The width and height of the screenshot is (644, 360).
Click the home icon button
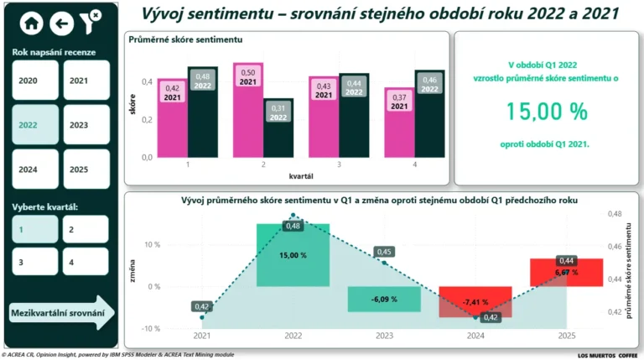32,23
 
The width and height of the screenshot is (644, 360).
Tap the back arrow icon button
61,23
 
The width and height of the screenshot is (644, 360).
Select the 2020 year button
35,81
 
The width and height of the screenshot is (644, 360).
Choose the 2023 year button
86,125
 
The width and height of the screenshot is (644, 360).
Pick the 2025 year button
86,169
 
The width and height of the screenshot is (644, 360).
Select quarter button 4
86,262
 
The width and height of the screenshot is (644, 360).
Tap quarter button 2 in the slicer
86,228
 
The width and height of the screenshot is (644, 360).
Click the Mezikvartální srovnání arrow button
61,314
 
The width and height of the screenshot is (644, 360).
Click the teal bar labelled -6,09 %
384,299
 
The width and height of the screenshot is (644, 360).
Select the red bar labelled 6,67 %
566,272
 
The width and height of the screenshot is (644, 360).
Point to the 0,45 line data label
385,252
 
